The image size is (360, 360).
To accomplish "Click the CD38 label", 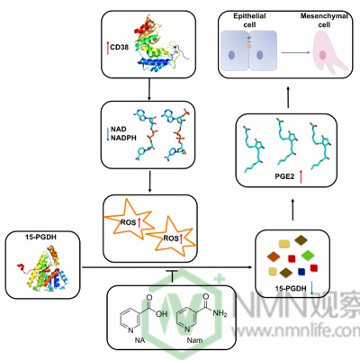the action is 120,48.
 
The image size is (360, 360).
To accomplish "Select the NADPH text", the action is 123,138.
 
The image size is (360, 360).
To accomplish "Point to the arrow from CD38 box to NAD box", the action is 149,89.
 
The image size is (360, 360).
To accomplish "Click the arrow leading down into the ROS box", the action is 149,181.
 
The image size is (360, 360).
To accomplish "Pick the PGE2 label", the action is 284,176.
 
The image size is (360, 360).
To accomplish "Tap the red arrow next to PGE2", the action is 301,176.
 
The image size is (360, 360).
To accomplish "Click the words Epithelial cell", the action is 249,20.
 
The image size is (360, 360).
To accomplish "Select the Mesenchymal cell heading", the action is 324,20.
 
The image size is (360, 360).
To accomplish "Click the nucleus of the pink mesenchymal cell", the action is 322,55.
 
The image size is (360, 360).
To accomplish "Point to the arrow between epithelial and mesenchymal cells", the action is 295,53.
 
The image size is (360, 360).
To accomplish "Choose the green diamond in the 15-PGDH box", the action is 308,255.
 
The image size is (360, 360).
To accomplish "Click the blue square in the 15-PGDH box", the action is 301,272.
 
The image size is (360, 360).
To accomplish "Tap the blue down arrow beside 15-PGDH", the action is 312,288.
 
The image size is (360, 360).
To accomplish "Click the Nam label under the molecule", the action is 194,340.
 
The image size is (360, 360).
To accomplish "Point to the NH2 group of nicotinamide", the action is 220,313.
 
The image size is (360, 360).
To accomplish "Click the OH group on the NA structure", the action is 161,314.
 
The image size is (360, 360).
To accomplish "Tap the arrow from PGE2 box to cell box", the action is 288,97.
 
